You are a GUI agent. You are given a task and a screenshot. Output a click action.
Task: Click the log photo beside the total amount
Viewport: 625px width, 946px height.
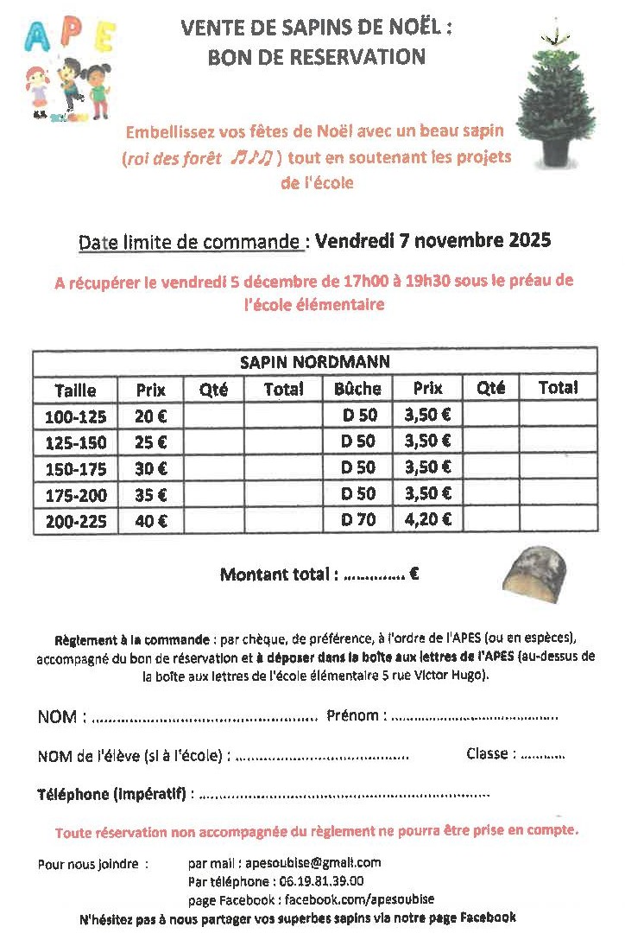pyautogui.click(x=535, y=575)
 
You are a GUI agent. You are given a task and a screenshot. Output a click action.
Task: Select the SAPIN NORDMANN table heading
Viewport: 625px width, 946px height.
pyautogui.click(x=314, y=362)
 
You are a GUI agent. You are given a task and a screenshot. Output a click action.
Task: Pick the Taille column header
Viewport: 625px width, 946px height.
pyautogui.click(x=75, y=390)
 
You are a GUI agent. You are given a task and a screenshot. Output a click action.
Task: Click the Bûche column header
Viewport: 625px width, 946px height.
pyautogui.click(x=357, y=389)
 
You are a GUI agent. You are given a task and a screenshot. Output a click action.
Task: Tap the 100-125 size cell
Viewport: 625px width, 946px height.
pyautogui.click(x=75, y=416)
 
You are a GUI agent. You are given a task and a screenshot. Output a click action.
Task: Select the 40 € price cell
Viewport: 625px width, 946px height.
pyautogui.click(x=151, y=521)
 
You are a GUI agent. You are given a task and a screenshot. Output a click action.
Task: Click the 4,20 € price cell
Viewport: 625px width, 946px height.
pyautogui.click(x=427, y=520)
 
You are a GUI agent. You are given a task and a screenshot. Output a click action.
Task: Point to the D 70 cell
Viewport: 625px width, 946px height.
pyautogui.click(x=357, y=520)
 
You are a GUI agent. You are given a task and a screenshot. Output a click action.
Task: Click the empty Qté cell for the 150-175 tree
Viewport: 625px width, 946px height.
pyautogui.click(x=213, y=468)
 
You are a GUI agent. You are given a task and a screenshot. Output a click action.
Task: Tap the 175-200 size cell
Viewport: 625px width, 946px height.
pyautogui.click(x=75, y=495)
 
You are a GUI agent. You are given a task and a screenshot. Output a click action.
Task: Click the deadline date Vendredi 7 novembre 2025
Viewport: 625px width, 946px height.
pyautogui.click(x=432, y=240)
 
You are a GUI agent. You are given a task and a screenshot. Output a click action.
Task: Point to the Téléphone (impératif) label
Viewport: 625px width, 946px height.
pyautogui.click(x=111, y=793)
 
